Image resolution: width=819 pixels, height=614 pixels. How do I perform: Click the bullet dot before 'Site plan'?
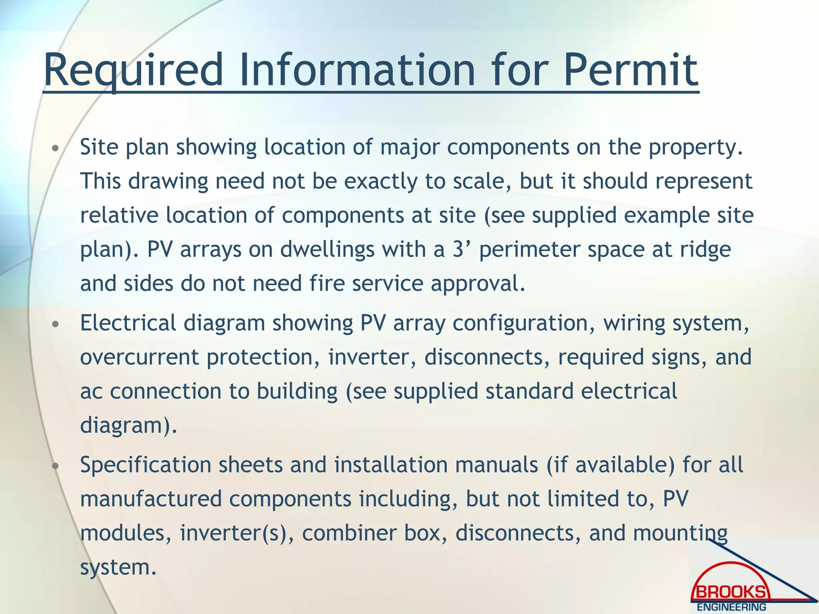pos(56,149)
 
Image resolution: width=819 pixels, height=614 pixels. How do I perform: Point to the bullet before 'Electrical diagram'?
pos(56,324)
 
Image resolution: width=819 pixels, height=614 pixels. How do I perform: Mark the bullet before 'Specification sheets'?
pos(56,466)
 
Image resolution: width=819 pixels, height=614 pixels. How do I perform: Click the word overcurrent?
pos(139,357)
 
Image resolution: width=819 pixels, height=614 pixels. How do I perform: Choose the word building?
pos(297,391)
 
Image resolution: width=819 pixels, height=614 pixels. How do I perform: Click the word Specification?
pos(146,465)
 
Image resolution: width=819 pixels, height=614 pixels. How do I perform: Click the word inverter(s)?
pos(233,533)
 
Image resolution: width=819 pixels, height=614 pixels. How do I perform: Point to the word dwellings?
pos(328,250)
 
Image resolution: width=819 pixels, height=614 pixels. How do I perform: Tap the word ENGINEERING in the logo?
pos(731,607)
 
